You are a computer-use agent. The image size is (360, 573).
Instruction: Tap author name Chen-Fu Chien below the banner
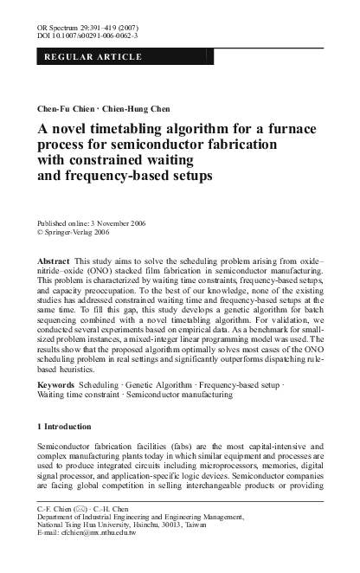(59, 110)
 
